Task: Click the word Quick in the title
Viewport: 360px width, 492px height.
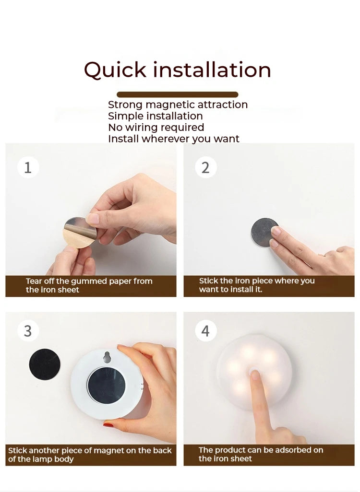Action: (x=115, y=70)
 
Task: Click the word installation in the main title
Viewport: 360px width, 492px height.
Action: (x=212, y=70)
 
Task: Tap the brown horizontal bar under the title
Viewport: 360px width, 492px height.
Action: (x=177, y=94)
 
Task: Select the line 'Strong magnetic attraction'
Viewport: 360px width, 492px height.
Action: (x=178, y=105)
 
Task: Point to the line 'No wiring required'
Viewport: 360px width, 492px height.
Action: (x=156, y=128)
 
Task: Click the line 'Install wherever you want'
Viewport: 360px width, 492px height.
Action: (x=173, y=139)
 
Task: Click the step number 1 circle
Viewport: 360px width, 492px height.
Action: (x=28, y=168)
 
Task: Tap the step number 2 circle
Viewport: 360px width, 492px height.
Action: (x=205, y=168)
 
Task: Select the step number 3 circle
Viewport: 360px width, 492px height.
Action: (x=28, y=331)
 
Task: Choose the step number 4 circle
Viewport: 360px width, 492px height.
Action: (x=205, y=331)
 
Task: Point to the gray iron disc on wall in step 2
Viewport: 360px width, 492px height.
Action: (x=264, y=232)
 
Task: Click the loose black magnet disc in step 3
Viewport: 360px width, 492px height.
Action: (x=45, y=364)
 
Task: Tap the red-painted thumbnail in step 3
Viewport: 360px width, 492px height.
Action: (x=109, y=424)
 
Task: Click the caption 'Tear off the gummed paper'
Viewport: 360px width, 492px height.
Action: (x=89, y=285)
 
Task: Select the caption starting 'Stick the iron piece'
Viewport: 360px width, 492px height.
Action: (x=257, y=285)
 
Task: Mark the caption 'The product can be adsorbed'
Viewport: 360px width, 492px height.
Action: (x=261, y=454)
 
